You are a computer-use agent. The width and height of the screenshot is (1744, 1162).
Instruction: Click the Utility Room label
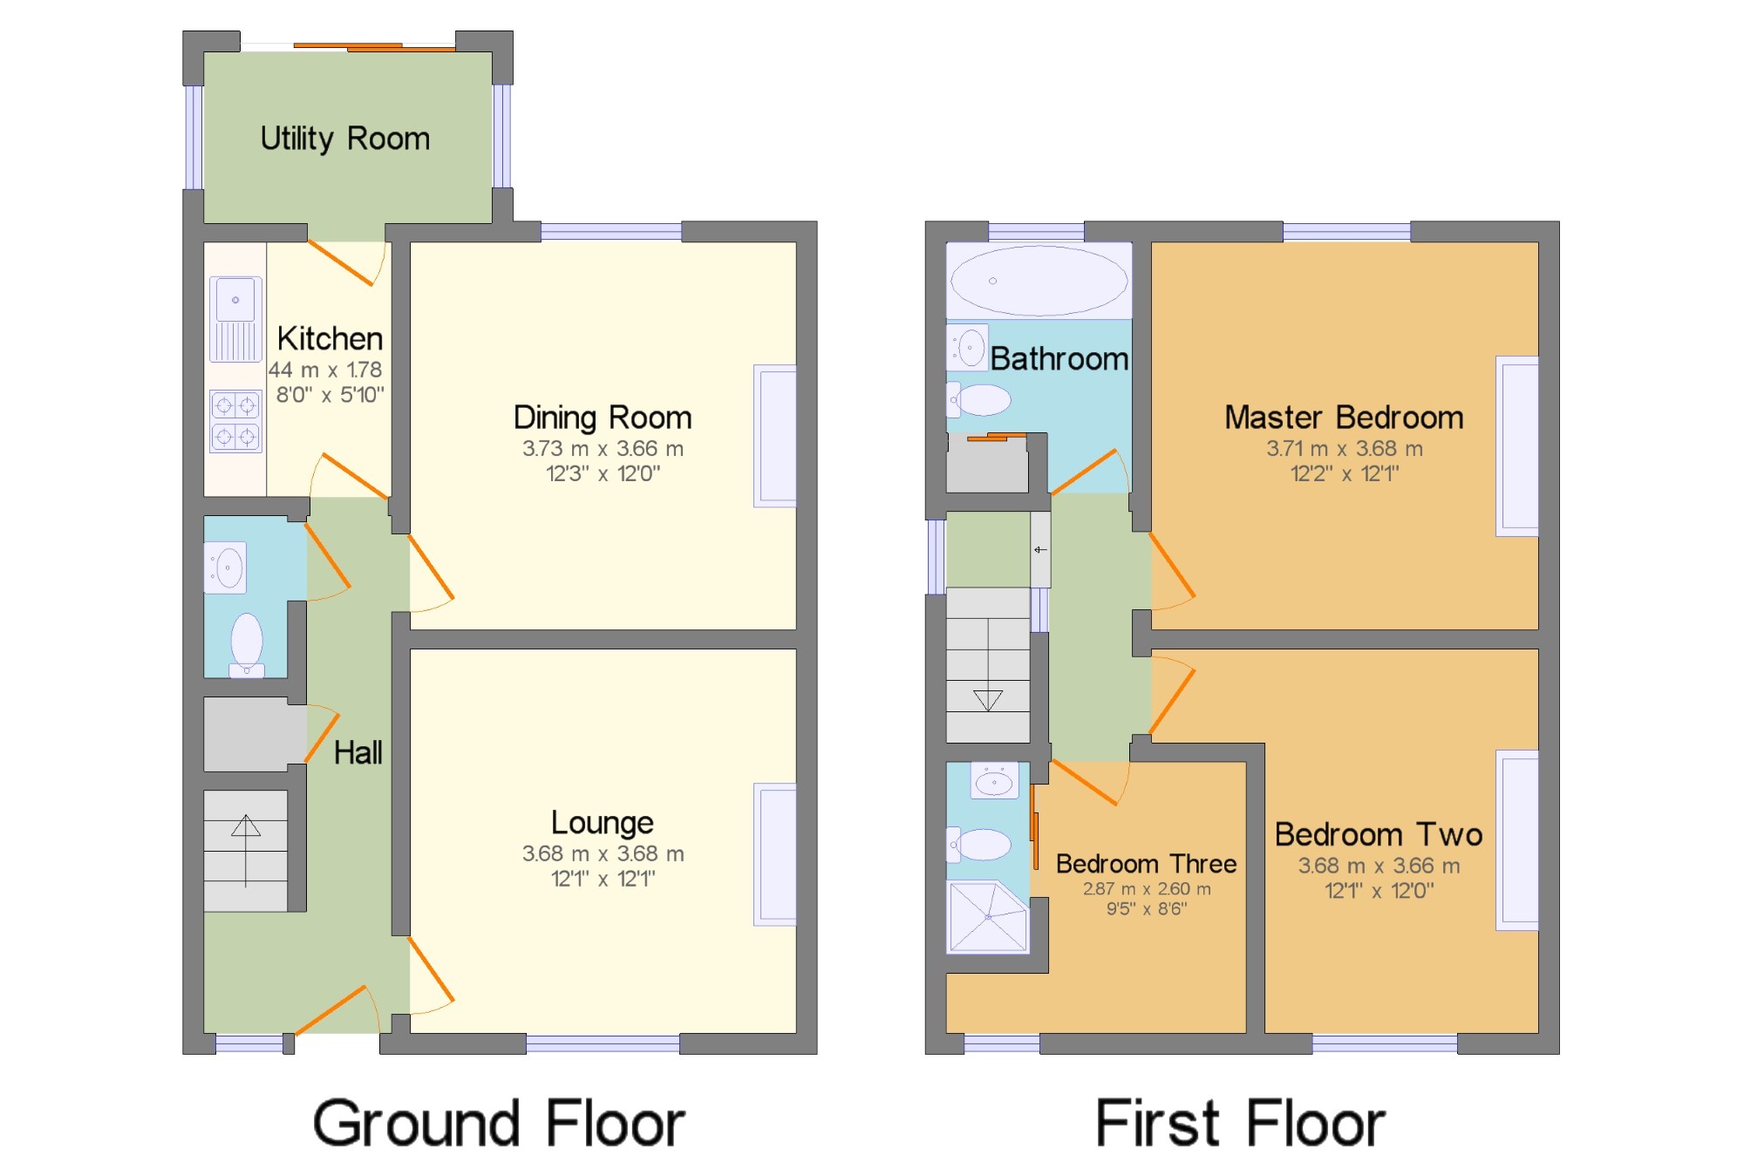(x=345, y=139)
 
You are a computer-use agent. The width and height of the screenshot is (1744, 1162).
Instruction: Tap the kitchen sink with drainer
(x=235, y=319)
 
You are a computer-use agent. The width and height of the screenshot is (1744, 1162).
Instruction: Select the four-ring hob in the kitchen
(x=235, y=421)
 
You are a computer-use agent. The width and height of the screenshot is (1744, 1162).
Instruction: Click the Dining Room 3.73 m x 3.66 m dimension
(x=603, y=449)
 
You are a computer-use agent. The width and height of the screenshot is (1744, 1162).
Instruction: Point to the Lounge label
(x=603, y=822)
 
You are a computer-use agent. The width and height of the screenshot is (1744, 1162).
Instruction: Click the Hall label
(x=358, y=752)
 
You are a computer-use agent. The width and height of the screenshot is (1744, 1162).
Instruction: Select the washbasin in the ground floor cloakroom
(x=225, y=567)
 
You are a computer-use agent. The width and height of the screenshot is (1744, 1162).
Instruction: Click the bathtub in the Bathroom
(x=1039, y=281)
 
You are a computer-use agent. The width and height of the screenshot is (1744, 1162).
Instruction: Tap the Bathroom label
(x=1059, y=358)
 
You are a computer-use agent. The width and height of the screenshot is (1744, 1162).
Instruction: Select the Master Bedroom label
(x=1344, y=418)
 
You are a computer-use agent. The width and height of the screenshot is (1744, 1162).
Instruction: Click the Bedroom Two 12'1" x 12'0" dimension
(x=1379, y=891)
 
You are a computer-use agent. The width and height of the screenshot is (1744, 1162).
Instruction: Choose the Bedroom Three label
(x=1146, y=864)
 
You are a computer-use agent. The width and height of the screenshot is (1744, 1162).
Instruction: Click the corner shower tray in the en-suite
(x=988, y=917)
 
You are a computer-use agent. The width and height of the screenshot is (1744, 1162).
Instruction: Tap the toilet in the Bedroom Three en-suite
(x=979, y=844)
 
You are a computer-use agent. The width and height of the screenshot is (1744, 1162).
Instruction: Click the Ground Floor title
(x=499, y=1124)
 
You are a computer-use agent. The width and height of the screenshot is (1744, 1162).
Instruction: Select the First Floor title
(x=1240, y=1124)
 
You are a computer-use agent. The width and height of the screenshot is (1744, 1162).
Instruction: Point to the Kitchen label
(x=330, y=338)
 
